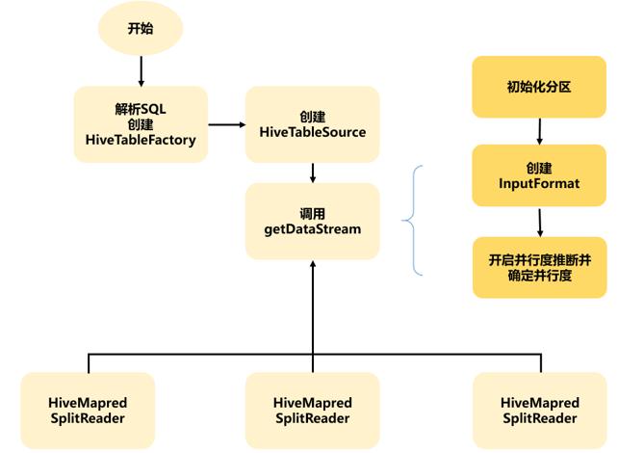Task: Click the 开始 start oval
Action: [x=141, y=28]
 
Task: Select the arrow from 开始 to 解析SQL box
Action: [x=141, y=69]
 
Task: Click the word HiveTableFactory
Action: [x=141, y=141]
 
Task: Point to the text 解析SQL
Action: [x=141, y=108]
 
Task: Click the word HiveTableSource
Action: [x=313, y=132]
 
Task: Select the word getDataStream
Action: [x=313, y=228]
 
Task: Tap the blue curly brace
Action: [x=412, y=221]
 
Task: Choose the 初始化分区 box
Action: [x=539, y=87]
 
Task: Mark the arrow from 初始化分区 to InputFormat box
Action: [x=539, y=129]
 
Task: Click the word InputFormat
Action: [x=539, y=183]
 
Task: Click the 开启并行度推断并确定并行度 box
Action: [x=539, y=267]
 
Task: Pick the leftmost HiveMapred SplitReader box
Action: [x=88, y=410]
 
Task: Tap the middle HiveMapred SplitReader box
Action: [x=313, y=410]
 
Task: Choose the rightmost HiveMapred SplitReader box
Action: [x=540, y=410]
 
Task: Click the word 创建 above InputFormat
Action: [x=539, y=165]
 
